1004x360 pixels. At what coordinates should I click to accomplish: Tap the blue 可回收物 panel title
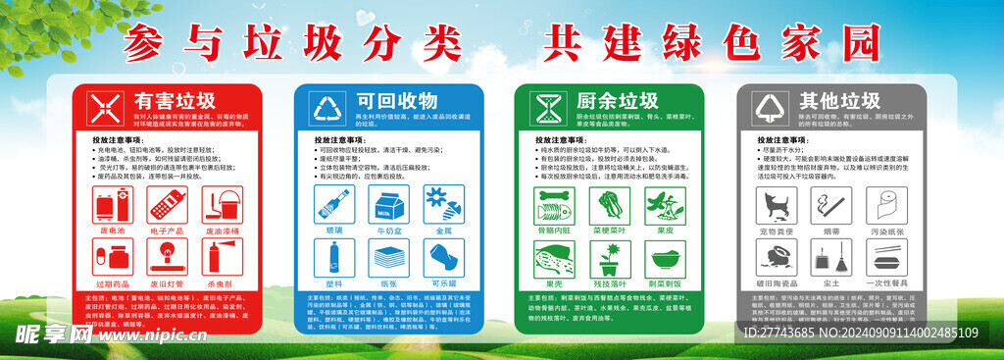(x=396, y=101)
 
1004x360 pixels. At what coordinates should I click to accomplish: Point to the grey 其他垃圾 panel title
(x=839, y=101)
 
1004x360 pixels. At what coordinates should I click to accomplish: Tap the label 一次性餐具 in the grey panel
(x=887, y=283)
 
